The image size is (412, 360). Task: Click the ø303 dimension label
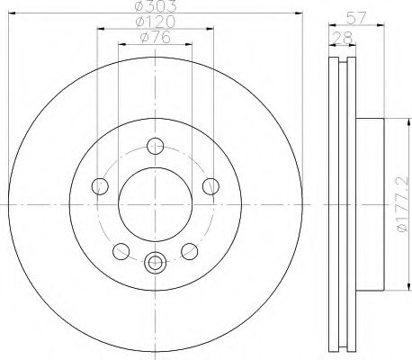pyautogui.click(x=153, y=6)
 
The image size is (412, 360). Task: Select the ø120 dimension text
pyautogui.click(x=153, y=22)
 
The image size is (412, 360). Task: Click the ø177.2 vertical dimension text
pyautogui.click(x=403, y=206)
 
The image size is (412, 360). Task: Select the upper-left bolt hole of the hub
pyautogui.click(x=101, y=186)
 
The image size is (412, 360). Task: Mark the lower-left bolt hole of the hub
pyautogui.click(x=121, y=250)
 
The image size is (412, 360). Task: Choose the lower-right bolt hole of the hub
pyautogui.click(x=189, y=250)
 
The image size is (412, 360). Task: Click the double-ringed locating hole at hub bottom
pyautogui.click(x=155, y=263)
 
